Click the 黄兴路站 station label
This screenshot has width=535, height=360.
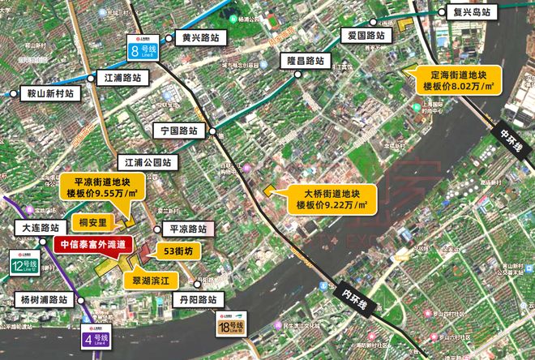point(200,38)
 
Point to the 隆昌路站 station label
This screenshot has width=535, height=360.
point(302,61)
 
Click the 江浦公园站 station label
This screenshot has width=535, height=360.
point(148,162)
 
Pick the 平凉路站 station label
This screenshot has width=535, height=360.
point(186,229)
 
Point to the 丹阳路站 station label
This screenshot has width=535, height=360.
point(195,300)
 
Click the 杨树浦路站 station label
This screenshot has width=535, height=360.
point(42,299)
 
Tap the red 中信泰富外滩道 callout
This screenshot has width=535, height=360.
point(93,245)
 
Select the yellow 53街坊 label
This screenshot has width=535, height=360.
point(177,251)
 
